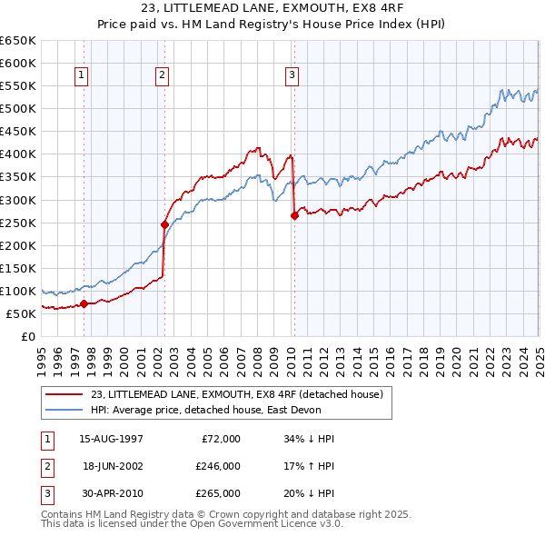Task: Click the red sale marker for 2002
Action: (x=164, y=223)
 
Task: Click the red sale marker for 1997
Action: (x=84, y=303)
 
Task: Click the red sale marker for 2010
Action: (x=294, y=215)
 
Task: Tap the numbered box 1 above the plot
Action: (x=82, y=75)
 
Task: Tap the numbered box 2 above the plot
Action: (x=162, y=75)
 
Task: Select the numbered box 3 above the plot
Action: (x=292, y=75)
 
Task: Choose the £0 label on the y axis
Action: (x=28, y=336)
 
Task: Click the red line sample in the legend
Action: (x=65, y=394)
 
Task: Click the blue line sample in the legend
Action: (x=65, y=410)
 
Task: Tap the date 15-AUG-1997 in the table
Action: (x=111, y=439)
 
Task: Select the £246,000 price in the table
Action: (x=217, y=466)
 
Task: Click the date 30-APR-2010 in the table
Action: (x=111, y=493)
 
